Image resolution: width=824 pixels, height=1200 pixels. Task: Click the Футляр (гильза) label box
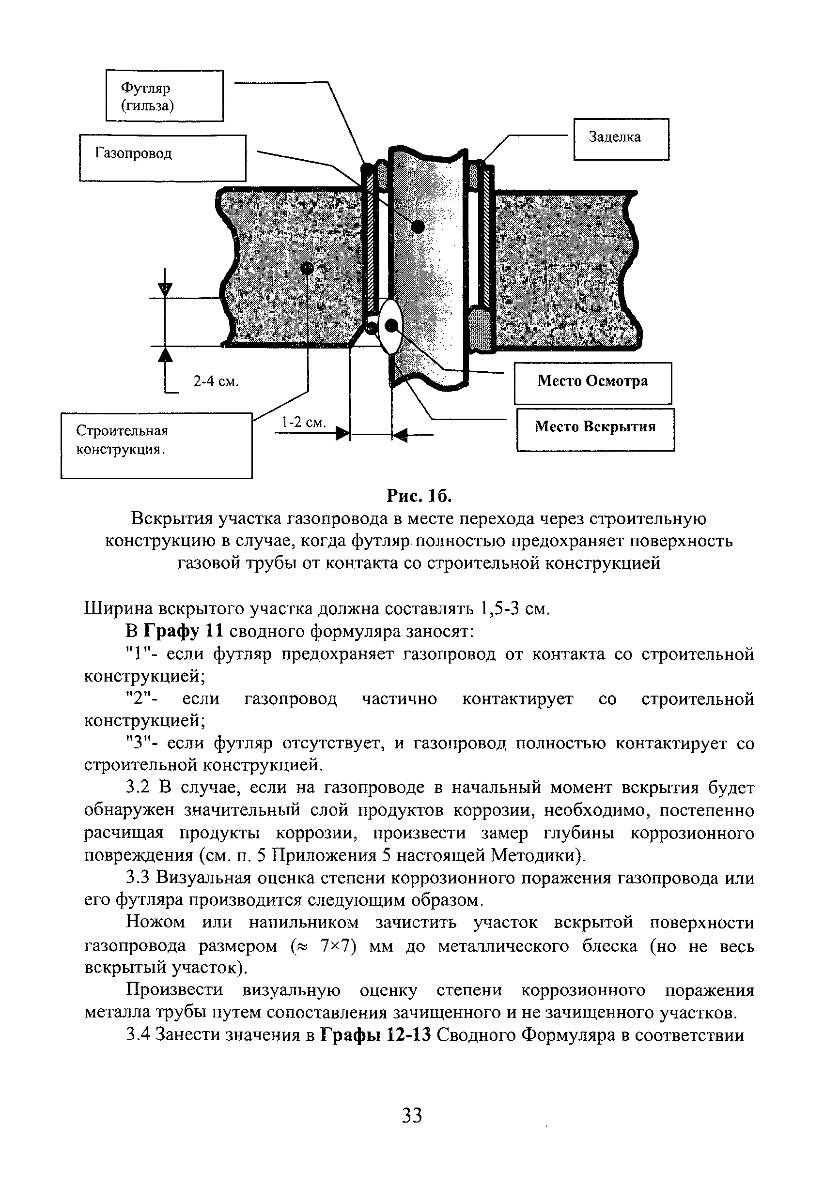coord(164,95)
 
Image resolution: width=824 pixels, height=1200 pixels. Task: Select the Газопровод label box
coord(162,157)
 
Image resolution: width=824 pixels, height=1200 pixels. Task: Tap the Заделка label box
coord(621,139)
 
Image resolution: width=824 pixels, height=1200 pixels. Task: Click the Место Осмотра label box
coord(592,382)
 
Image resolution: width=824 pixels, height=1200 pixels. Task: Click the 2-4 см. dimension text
coord(216,381)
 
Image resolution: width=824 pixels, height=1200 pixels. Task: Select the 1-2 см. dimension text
coord(303,423)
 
